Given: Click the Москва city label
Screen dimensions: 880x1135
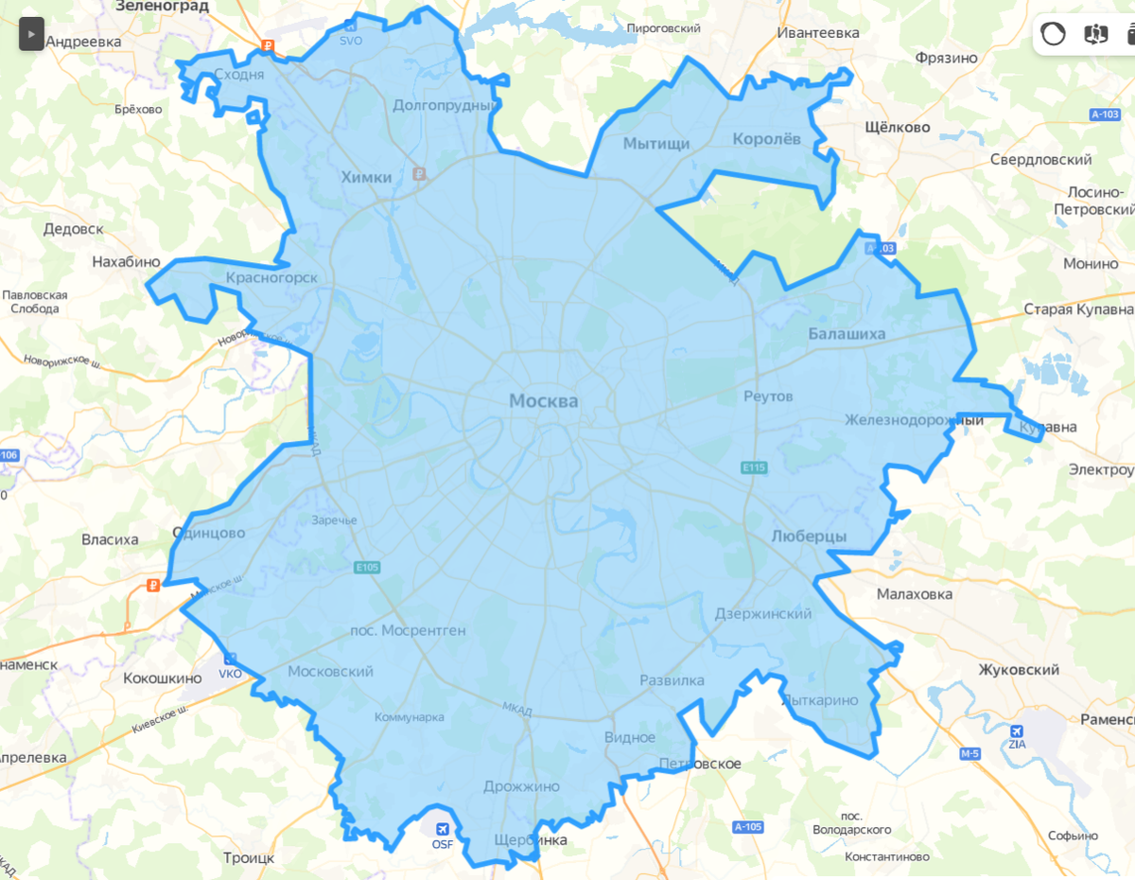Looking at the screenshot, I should coord(543,401).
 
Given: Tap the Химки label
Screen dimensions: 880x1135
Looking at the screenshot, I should coord(366,177).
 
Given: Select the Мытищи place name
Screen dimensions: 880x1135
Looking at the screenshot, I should coord(656,144).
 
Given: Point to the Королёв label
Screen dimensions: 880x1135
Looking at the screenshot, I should coord(766,139).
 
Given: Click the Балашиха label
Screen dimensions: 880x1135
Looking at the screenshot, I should coord(847,333).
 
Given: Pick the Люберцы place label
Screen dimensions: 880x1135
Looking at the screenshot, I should coord(809,537).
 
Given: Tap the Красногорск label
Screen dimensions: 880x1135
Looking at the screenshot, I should coord(271,277).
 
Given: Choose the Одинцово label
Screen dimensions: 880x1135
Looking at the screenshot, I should coord(208,533).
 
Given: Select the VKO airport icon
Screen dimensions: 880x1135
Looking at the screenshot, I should coord(230,660).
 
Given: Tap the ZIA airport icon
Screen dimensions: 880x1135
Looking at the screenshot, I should coord(1017,730).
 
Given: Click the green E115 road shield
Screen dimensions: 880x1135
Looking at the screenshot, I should coord(754,467).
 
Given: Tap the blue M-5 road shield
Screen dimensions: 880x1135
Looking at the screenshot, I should coord(969,754).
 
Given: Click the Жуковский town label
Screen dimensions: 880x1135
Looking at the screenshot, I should coord(1019,670).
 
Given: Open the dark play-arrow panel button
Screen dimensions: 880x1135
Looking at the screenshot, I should coord(30,35).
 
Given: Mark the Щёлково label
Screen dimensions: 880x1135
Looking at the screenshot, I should coord(898,127).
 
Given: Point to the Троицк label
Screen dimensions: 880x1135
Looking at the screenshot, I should coord(248,857).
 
